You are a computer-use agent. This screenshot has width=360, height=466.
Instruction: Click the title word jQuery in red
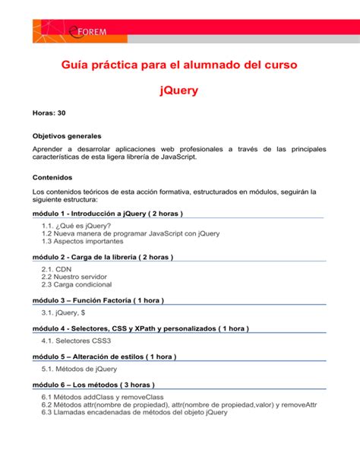pos(179,90)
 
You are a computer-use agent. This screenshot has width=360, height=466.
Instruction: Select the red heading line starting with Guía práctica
pos(179,65)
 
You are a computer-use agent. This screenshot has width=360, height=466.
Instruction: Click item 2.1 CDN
pos(55,269)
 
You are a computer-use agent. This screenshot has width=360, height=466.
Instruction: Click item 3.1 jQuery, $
pos(63,312)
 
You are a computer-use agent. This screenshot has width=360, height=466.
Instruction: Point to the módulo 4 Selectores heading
pos(141,328)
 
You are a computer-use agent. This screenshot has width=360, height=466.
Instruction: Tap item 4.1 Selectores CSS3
pos(77,341)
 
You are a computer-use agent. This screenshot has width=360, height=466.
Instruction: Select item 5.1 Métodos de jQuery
pos(81,369)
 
